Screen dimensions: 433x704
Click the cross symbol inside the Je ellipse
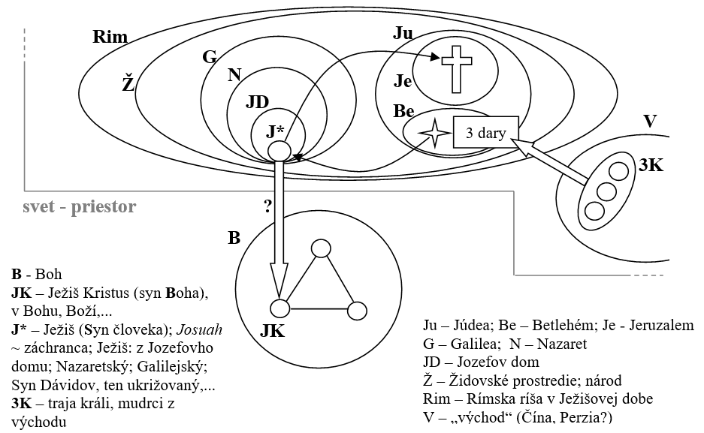[455, 67]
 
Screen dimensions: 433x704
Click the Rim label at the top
[110, 37]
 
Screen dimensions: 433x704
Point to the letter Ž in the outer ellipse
[128, 83]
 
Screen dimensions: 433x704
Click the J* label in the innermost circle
[276, 130]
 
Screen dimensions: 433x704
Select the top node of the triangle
[322, 248]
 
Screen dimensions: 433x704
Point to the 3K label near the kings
[650, 166]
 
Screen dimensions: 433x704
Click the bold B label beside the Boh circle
[234, 238]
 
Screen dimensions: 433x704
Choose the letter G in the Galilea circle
[210, 56]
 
